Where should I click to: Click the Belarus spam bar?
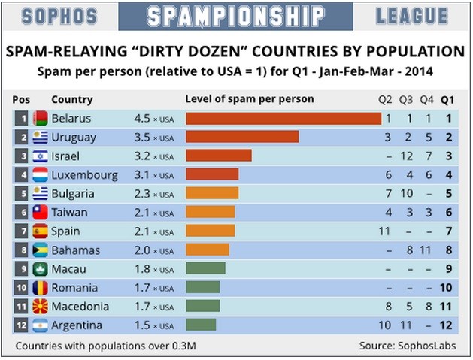283,119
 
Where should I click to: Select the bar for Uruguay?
241,138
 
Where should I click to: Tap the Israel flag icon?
40,156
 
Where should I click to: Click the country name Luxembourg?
84,175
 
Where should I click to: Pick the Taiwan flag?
40,213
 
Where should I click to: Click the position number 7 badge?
23,231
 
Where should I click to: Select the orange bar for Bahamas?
207,250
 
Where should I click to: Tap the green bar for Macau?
205,269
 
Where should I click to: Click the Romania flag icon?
40,288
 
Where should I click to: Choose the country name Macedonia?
80,307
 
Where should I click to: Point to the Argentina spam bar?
200,325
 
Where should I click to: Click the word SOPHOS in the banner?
59,16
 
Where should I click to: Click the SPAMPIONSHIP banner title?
235,16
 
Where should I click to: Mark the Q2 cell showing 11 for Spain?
386,231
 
